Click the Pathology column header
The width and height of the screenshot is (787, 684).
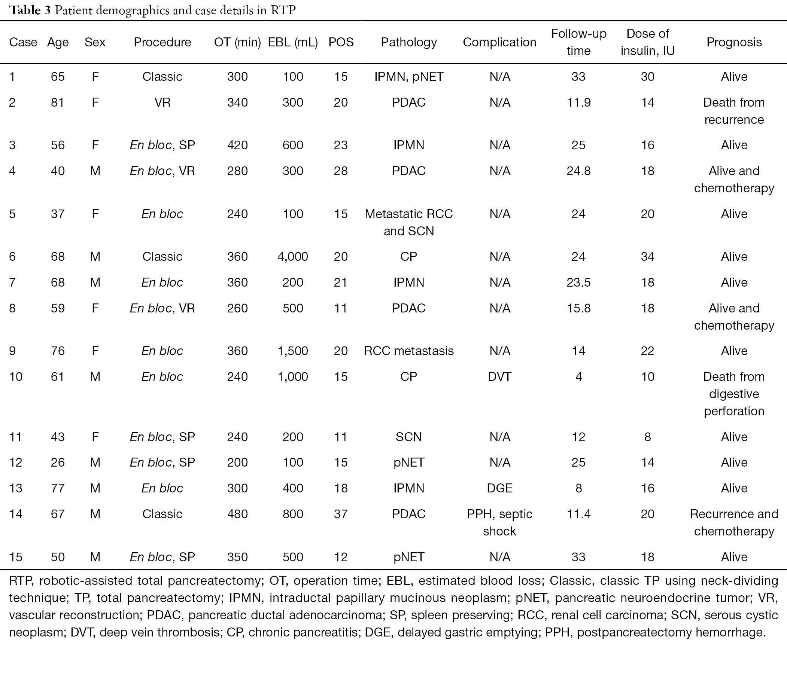[408, 42]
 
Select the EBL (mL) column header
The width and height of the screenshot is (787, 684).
[292, 42]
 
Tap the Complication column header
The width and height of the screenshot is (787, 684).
[499, 42]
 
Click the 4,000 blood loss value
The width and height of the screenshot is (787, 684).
[292, 257]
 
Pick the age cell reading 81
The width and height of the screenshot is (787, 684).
[58, 102]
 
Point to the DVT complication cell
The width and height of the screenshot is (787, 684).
[499, 377]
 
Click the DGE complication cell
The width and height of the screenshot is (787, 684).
[499, 488]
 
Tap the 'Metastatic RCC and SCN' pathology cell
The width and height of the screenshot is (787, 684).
[408, 222]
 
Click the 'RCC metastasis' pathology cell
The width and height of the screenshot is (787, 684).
[408, 351]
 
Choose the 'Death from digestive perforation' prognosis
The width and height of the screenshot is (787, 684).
[734, 394]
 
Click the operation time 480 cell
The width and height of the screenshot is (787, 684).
[237, 514]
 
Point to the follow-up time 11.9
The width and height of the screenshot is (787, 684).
[578, 102]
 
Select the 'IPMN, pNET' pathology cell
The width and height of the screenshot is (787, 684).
[408, 77]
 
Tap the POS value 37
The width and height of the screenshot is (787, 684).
[341, 514]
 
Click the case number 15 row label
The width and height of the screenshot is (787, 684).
[16, 557]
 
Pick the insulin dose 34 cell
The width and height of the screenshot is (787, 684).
[648, 257]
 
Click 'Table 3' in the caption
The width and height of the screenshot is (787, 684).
[30, 10]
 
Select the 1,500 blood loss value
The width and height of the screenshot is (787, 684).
[292, 351]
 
